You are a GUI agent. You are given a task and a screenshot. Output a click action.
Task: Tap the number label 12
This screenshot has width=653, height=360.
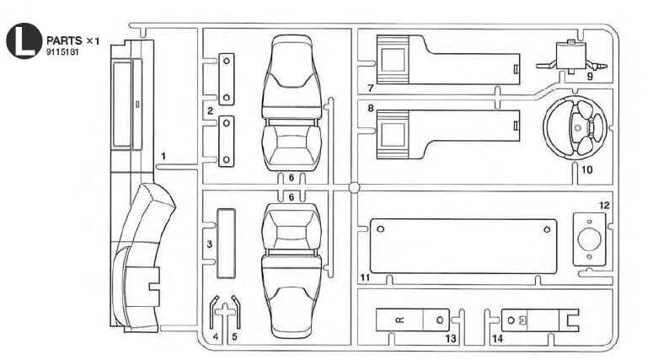coord(604,205)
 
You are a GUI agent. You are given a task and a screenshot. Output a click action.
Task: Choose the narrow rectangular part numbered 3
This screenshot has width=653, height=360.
coord(225,243)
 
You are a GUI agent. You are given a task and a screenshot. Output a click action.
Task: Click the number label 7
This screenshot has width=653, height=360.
coord(371,87)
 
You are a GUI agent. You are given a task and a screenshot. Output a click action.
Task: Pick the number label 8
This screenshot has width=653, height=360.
coord(371,109)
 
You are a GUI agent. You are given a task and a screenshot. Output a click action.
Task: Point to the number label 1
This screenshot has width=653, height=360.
coord(165,156)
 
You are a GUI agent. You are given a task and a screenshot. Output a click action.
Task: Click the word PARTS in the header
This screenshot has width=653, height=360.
coord(64,40)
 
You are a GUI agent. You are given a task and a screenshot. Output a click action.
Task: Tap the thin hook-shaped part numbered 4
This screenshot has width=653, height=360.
coord(213,315)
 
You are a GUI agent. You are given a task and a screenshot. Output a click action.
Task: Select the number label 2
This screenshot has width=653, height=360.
coord(210,110)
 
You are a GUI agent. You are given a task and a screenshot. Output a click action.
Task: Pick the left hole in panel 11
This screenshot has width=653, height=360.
coord(380,228)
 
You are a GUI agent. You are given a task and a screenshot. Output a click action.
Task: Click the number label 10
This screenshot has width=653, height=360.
coord(586,169)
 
